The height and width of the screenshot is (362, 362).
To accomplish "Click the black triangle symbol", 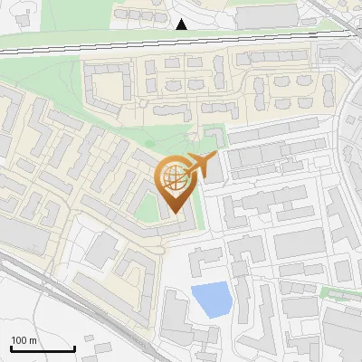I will coord(182,24).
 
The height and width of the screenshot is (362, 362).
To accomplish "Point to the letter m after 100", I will coord(33,340).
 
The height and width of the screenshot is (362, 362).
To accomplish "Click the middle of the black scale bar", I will coord(43,348).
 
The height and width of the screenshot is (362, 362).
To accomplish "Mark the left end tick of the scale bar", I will coord(11,348).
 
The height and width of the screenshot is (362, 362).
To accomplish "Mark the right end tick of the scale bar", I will coord(74,348).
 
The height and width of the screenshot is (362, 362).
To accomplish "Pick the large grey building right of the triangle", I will coord(266,15).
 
